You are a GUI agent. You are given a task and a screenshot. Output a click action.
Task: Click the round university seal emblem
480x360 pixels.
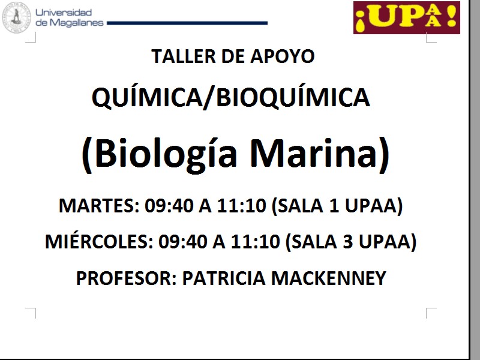16,17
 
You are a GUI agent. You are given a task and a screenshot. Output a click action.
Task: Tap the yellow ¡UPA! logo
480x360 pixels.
407,17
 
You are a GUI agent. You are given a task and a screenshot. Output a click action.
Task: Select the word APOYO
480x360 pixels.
282,56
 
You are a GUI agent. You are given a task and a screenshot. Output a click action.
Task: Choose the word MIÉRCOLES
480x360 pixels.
99,241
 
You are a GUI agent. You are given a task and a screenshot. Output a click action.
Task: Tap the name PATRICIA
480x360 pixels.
224,278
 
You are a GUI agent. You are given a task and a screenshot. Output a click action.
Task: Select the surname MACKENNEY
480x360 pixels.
328,278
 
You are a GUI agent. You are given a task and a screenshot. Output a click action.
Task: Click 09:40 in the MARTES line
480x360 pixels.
169,205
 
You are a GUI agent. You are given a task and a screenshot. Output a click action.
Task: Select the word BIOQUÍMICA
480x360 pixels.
293,97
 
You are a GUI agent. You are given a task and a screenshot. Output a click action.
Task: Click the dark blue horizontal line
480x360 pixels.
187,23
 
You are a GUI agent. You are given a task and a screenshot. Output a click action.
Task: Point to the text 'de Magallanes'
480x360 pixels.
70,23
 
